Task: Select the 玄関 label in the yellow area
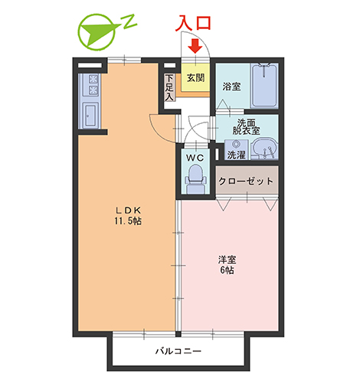point(195,77)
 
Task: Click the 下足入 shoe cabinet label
point(169,87)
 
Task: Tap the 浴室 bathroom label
point(231,86)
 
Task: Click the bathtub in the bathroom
point(264,85)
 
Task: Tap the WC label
point(195,157)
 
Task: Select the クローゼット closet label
point(245,181)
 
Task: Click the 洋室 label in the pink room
point(227,259)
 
